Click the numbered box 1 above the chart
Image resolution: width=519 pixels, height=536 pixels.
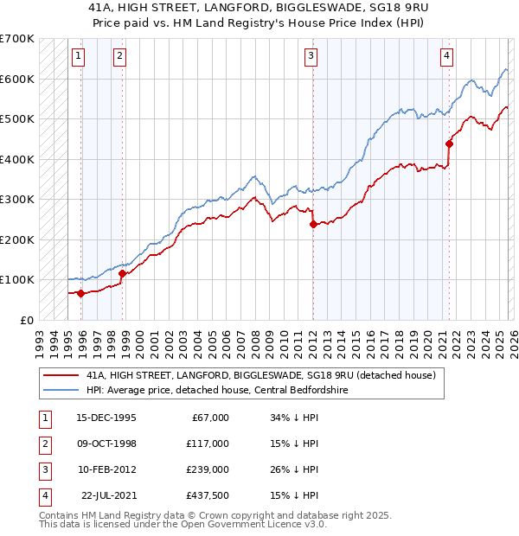point(78,57)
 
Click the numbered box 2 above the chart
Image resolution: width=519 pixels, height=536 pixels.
point(119,57)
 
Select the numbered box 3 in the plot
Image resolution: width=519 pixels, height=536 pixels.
point(310,57)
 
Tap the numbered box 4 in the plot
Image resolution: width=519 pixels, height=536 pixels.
point(446,57)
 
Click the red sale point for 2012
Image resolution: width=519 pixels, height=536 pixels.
point(312,224)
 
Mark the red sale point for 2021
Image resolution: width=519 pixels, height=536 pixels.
point(449,144)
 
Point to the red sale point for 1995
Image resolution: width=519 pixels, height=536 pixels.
point(81,293)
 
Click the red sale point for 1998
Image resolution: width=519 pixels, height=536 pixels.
point(123,273)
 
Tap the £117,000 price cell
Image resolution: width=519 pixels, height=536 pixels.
point(207,443)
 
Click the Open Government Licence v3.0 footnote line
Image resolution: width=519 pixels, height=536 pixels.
point(183,524)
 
